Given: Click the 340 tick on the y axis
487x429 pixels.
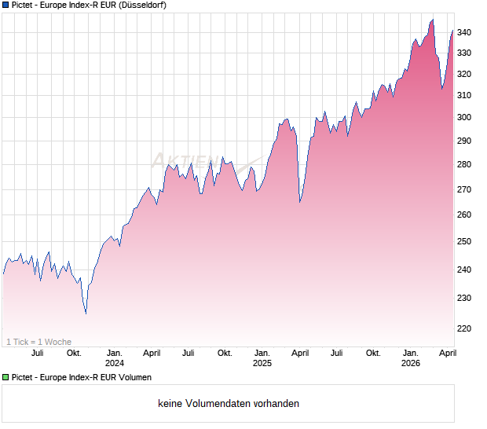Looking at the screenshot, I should point(465,32).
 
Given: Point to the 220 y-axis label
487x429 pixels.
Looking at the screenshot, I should point(465,328).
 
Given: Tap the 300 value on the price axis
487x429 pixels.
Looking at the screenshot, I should point(465,117).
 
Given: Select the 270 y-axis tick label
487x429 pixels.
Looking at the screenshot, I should point(465,189).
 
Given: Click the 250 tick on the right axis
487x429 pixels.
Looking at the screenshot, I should point(465,241).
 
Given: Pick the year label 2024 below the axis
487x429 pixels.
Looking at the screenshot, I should point(115,364).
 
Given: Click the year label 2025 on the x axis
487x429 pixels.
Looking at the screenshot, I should point(262,364).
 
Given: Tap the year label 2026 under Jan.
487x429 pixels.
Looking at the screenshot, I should point(410,364).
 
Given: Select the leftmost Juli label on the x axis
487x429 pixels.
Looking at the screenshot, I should point(37,354).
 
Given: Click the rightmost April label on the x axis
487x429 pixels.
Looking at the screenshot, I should point(446,354).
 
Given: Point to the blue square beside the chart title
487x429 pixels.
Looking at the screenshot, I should point(5,5).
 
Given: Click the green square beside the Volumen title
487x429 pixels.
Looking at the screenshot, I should point(5,377).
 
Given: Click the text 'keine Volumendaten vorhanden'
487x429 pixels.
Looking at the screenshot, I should point(229,404).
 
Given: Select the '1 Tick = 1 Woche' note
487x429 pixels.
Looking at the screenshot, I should point(38,342).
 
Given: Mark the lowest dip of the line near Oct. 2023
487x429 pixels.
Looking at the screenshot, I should point(86,313).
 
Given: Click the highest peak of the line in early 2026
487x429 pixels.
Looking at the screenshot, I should point(432,20).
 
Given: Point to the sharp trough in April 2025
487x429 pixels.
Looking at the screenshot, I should point(300,202).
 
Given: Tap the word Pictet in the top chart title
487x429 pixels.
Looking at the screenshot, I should point(24,5).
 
